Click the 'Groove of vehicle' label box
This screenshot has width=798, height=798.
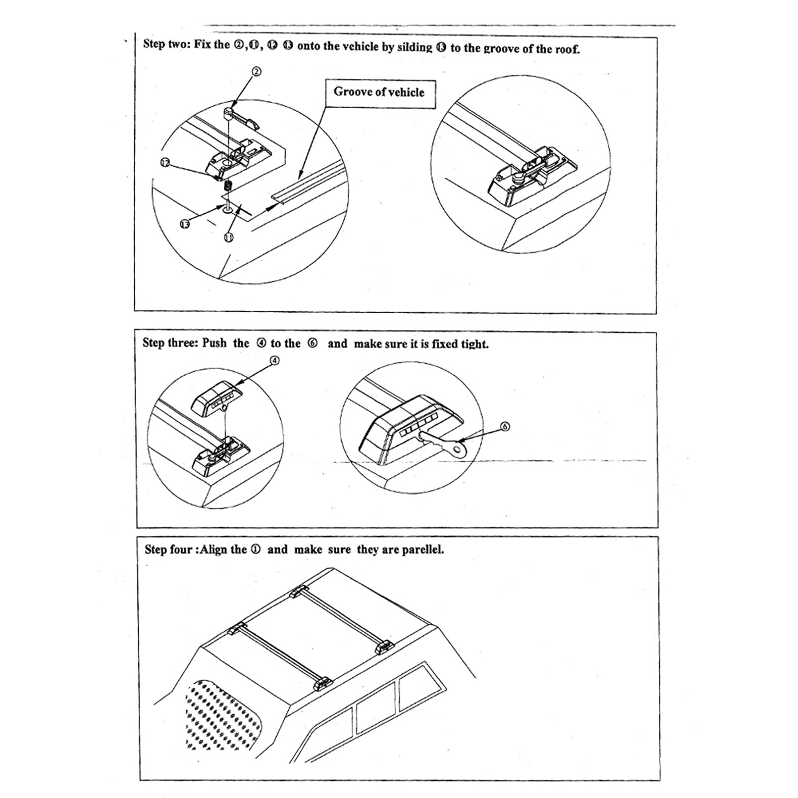click(380, 93)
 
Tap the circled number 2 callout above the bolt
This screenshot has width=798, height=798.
click(255, 72)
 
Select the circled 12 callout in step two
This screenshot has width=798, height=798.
click(165, 162)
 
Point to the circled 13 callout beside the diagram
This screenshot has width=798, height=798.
click(185, 224)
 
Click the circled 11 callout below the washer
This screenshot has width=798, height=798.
click(229, 237)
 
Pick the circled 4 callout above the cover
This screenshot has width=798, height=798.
click(275, 360)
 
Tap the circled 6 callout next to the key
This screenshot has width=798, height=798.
click(505, 426)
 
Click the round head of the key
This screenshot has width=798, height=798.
click(456, 451)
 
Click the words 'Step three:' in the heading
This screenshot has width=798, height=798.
click(170, 343)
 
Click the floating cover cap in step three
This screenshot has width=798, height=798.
click(218, 397)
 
